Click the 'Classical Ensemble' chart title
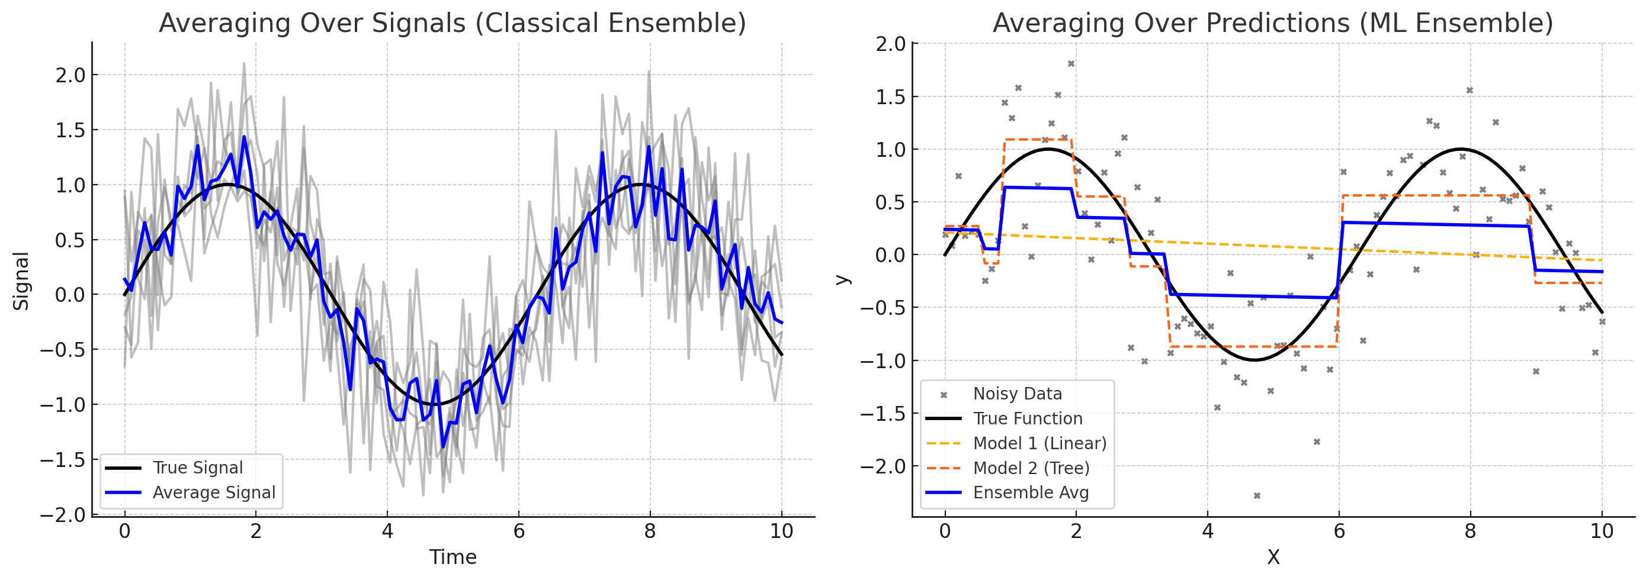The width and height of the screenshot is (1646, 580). [452, 23]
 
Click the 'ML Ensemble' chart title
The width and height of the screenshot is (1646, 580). [1272, 23]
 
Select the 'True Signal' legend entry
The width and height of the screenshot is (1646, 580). [197, 468]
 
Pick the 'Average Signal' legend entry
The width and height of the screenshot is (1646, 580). [213, 492]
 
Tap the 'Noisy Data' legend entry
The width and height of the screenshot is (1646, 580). [1016, 394]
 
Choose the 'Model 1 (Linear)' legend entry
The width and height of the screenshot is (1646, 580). [1039, 443]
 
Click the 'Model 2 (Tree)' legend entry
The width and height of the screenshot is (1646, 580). [1031, 468]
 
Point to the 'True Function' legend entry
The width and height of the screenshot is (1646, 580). [1028, 418]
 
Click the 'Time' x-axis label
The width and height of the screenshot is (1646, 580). [453, 557]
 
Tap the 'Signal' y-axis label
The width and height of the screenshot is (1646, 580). [21, 281]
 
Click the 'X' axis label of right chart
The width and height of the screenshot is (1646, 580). [1273, 557]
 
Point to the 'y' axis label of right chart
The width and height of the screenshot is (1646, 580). [843, 280]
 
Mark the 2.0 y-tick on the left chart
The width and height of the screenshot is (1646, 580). [70, 75]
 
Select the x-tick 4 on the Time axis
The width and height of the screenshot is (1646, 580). [387, 531]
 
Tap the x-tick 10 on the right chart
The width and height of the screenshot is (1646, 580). [1601, 531]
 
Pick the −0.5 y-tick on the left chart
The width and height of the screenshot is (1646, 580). [63, 350]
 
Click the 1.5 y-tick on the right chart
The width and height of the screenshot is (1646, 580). [891, 97]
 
